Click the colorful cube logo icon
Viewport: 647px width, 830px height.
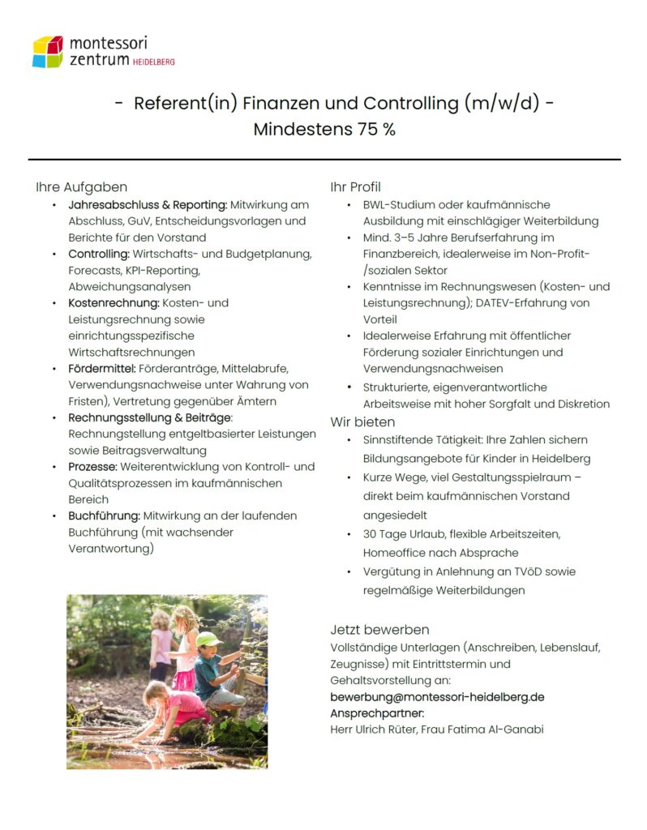pyautogui.click(x=47, y=51)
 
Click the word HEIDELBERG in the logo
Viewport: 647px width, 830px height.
pyautogui.click(x=153, y=62)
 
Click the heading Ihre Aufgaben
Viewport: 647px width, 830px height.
pyautogui.click(x=81, y=187)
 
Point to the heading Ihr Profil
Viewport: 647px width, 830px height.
pyautogui.click(x=355, y=187)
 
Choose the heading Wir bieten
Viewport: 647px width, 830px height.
pyautogui.click(x=362, y=421)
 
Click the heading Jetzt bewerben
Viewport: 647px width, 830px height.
pyautogui.click(x=379, y=630)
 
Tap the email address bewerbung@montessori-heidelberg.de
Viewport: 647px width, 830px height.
pyautogui.click(x=437, y=696)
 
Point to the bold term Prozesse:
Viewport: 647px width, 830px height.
pyautogui.click(x=93, y=467)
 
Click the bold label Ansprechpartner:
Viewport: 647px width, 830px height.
pyautogui.click(x=377, y=712)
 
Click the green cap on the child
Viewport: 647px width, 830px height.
pyautogui.click(x=208, y=639)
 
